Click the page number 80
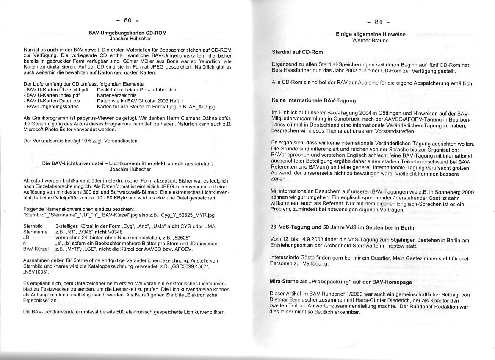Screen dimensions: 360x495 pos(127,20)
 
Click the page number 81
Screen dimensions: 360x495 pos(379,22)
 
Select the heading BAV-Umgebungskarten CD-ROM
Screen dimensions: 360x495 pos(127,33)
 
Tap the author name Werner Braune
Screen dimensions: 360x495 pos(371,41)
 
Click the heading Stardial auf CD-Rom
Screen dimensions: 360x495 pos(297,52)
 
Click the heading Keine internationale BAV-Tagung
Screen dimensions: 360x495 pos(313,101)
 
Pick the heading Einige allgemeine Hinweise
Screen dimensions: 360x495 pos(371,34)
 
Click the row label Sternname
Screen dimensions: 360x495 pos(35,232)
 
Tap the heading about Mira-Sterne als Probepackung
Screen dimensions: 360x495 pos(340,282)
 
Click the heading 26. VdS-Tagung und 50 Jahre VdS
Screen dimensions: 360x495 pos(343,227)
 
